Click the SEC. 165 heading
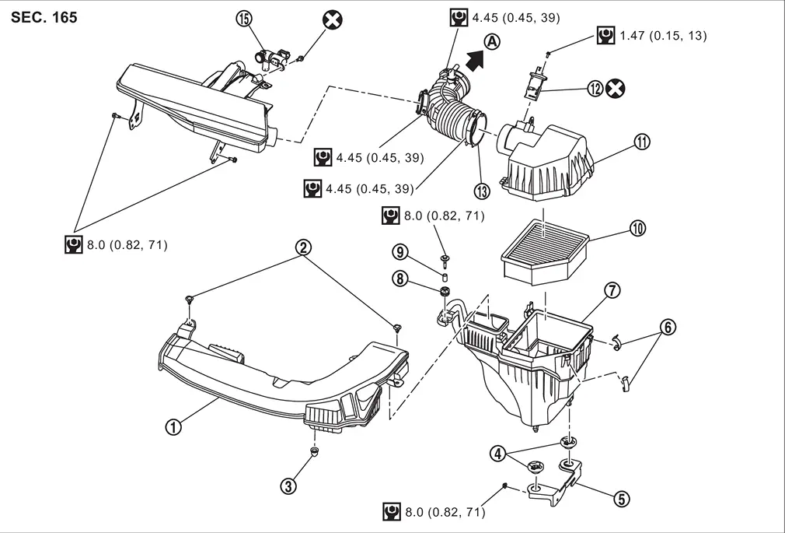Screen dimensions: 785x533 click(x=44, y=18)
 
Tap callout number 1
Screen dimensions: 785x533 click(x=173, y=427)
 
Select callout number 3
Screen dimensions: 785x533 click(x=288, y=486)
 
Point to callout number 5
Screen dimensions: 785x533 click(x=621, y=499)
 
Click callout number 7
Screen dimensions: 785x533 click(x=612, y=290)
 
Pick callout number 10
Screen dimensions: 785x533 click(x=637, y=229)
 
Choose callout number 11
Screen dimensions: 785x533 click(x=642, y=142)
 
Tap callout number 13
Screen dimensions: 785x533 click(x=482, y=191)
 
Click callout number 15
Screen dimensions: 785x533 click(x=244, y=19)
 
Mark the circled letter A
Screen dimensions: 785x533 click(x=493, y=41)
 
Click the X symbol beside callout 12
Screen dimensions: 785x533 click(x=616, y=89)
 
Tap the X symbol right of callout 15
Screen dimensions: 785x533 click(x=333, y=20)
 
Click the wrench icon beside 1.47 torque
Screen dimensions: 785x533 click(x=605, y=36)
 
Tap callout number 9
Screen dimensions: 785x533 click(x=399, y=251)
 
